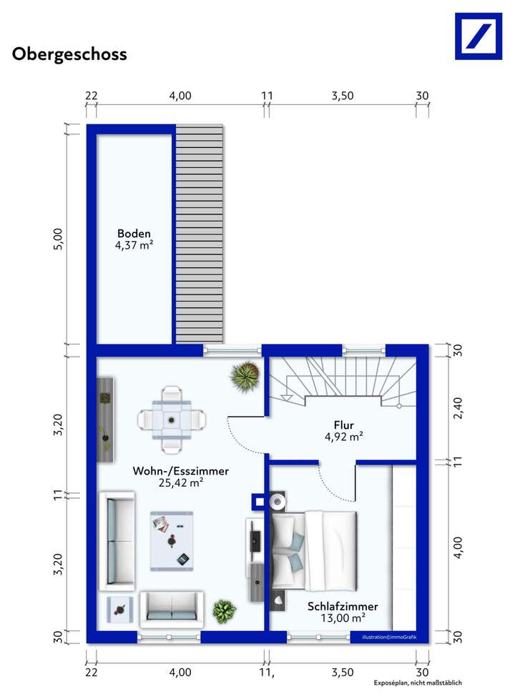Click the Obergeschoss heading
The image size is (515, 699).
(69, 54)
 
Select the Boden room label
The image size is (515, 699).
(134, 234)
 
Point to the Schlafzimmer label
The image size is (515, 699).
(343, 606)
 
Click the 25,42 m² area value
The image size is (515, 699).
(181, 482)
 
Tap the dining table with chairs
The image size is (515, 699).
(172, 420)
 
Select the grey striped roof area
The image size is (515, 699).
(200, 236)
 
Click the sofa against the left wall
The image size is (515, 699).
(117, 539)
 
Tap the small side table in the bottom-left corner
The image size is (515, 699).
(119, 610)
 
